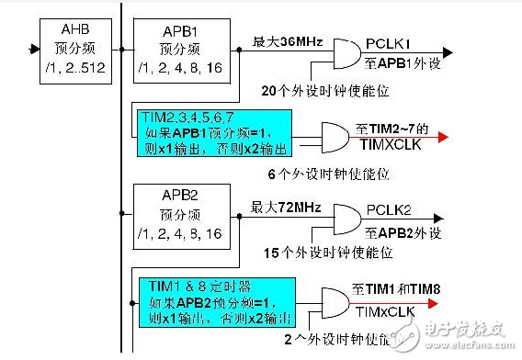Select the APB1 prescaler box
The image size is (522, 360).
pos(179,47)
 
